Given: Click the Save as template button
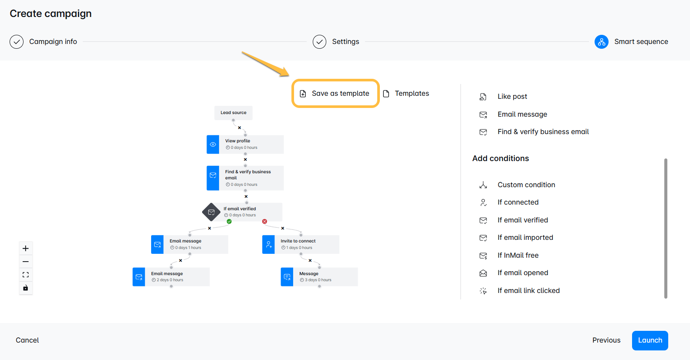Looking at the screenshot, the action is pyautogui.click(x=335, y=93).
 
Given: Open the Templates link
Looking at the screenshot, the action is pyautogui.click(x=406, y=93).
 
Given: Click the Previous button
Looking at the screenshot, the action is pyautogui.click(x=606, y=340).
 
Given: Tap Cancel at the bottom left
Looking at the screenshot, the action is pyautogui.click(x=27, y=340).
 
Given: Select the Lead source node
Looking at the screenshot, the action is pyautogui.click(x=233, y=113).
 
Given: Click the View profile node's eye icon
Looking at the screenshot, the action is pyautogui.click(x=213, y=145).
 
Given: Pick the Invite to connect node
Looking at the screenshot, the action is pyautogui.click(x=301, y=245).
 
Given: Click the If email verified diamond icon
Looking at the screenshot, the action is pyautogui.click(x=211, y=212).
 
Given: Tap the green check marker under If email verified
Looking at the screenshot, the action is pyautogui.click(x=229, y=222).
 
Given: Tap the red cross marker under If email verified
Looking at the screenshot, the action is pyautogui.click(x=264, y=222).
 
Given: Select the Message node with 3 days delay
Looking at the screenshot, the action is pyautogui.click(x=319, y=277).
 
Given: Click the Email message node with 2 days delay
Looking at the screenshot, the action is pyautogui.click(x=171, y=277).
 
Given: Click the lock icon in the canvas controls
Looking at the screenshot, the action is pyautogui.click(x=26, y=288).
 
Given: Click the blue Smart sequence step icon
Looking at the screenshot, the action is pyautogui.click(x=601, y=42).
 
